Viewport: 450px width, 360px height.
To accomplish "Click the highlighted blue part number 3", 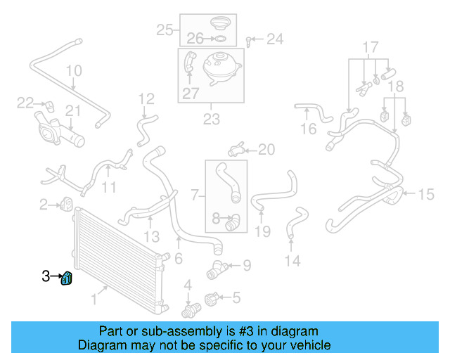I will pyautogui.click(x=67, y=279).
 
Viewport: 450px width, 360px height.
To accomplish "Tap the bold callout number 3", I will pyautogui.click(x=46, y=276).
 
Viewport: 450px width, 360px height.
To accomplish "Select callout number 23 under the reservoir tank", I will pyautogui.click(x=212, y=120).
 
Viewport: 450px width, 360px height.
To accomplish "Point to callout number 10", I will pyautogui.click(x=74, y=71).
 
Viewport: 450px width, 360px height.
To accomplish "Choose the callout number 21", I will pyautogui.click(x=74, y=110).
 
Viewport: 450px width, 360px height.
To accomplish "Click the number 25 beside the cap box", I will pyautogui.click(x=165, y=30).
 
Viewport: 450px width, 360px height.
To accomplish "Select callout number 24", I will pyautogui.click(x=274, y=39).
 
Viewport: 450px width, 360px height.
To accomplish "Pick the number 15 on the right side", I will pyautogui.click(x=427, y=194).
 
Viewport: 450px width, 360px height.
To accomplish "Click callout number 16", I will pyautogui.click(x=309, y=129).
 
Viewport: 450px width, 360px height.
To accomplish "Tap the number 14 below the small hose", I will pyautogui.click(x=292, y=261).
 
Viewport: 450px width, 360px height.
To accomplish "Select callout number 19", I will pyautogui.click(x=262, y=231).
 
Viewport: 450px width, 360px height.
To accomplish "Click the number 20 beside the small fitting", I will pyautogui.click(x=266, y=149).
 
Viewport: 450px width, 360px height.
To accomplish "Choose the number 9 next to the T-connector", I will pyautogui.click(x=246, y=265).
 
